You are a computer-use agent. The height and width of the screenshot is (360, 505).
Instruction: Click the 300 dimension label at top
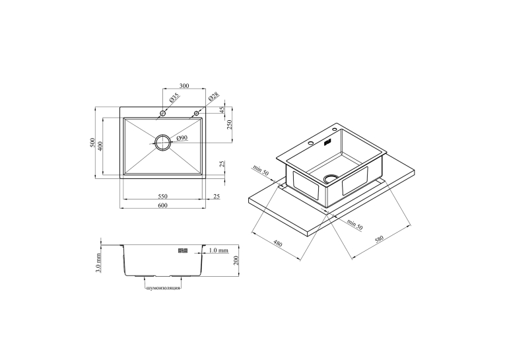pos(184,86)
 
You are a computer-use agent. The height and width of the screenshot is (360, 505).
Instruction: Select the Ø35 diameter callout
pos(174,98)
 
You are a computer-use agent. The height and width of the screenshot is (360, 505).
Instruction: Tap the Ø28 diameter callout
pos(213,96)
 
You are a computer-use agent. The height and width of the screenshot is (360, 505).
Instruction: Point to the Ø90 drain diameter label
pos(182,138)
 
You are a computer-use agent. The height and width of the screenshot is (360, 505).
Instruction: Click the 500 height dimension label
pos(93,143)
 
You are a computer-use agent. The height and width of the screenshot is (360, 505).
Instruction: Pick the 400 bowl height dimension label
pos(100,146)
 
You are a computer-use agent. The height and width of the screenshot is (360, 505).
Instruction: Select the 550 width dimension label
pos(162,196)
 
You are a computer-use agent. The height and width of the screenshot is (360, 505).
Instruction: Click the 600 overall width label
pos(162,205)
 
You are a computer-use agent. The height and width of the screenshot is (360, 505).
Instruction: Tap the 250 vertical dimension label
pos(229,124)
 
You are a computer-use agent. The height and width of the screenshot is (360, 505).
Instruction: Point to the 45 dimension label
pos(222,110)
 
